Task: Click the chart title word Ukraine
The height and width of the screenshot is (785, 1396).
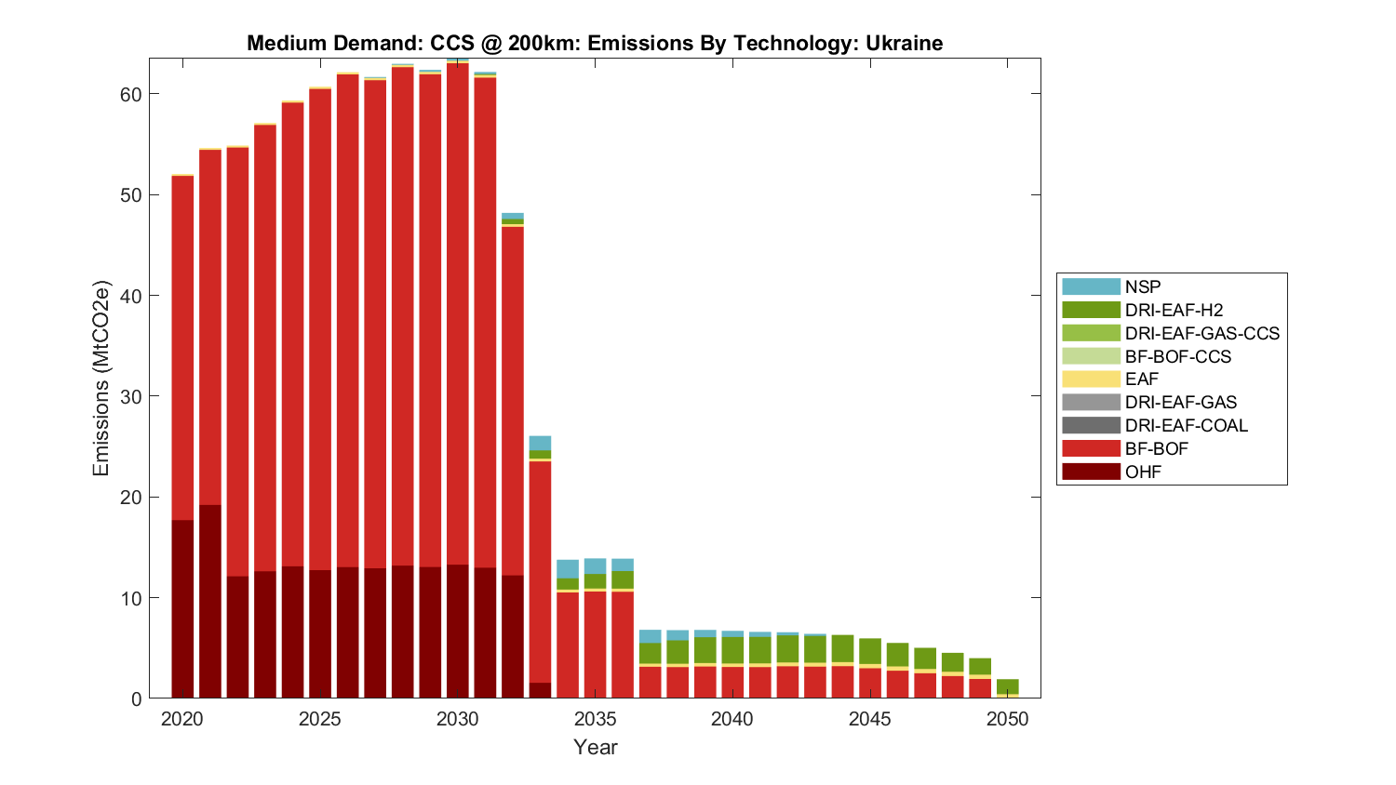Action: pyautogui.click(x=904, y=44)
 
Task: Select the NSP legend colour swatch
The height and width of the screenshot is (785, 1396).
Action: pyautogui.click(x=1091, y=287)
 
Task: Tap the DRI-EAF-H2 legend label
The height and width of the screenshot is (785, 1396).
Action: pyautogui.click(x=1174, y=311)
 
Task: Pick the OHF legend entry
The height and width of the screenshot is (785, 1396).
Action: pyautogui.click(x=1143, y=472)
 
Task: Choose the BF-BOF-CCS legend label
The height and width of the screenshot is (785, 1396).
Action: pyautogui.click(x=1177, y=357)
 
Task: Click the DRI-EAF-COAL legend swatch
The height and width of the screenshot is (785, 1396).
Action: pyautogui.click(x=1091, y=426)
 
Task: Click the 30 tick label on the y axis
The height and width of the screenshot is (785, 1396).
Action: pyautogui.click(x=130, y=397)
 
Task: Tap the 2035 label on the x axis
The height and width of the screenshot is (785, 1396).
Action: pyautogui.click(x=596, y=719)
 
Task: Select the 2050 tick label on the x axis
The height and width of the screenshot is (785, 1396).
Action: pyautogui.click(x=1008, y=719)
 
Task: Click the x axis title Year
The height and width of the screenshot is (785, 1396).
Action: pyautogui.click(x=596, y=747)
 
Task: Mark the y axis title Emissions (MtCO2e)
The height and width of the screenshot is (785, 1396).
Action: pyautogui.click(x=101, y=378)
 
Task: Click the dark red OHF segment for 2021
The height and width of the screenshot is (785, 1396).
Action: pyautogui.click(x=210, y=601)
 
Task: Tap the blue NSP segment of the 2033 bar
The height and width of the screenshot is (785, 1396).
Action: pyautogui.click(x=540, y=443)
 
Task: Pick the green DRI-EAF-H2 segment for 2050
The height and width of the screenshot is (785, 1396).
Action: pyautogui.click(x=1008, y=686)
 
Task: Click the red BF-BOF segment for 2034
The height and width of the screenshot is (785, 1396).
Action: pyautogui.click(x=568, y=645)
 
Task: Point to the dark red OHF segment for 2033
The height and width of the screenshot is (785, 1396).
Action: pyautogui.click(x=540, y=690)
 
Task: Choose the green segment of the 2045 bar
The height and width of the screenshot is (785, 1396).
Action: pyautogui.click(x=870, y=651)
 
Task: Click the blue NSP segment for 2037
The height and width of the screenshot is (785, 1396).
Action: pyautogui.click(x=651, y=636)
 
